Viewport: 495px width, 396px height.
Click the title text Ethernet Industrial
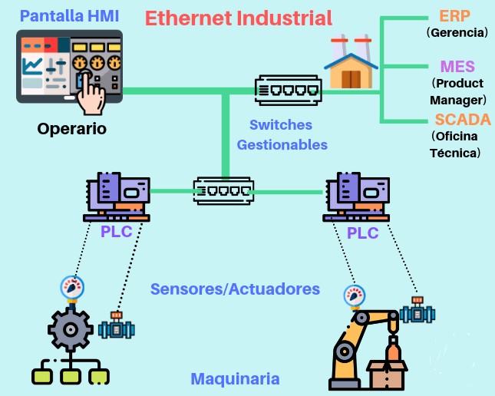tap(238, 18)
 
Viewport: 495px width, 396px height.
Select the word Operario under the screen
tap(72, 128)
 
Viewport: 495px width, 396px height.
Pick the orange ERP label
tap(456, 16)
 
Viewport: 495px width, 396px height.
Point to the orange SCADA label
tap(457, 119)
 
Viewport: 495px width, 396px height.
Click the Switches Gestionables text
tap(282, 134)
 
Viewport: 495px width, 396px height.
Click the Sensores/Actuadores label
tap(234, 289)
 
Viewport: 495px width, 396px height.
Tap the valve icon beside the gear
tap(117, 326)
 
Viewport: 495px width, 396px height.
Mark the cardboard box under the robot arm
tap(387, 375)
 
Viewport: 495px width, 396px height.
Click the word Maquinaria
tap(234, 379)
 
